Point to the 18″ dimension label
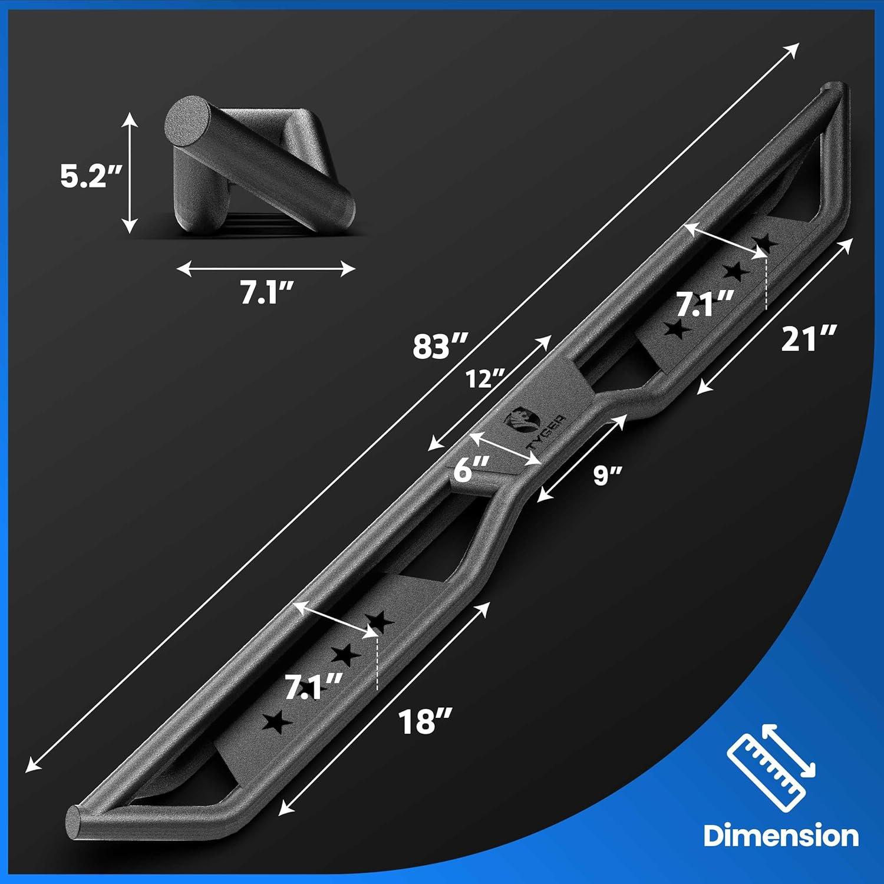(x=425, y=721)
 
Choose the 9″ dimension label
(x=608, y=475)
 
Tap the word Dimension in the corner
(x=781, y=836)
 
